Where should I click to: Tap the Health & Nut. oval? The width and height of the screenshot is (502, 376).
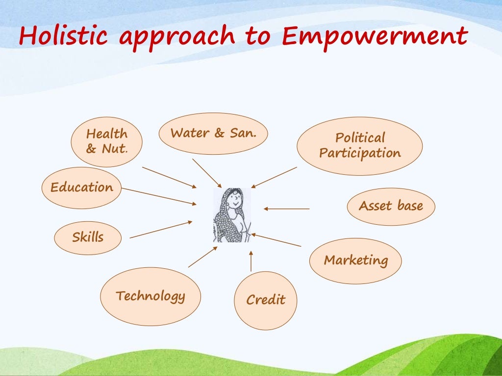coord(106,141)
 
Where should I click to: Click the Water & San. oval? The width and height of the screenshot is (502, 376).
coord(213,133)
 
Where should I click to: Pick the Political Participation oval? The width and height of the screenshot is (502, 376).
coord(360,145)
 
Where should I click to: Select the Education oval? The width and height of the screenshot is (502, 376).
coord(81,188)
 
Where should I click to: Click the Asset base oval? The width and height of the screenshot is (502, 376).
coord(391,206)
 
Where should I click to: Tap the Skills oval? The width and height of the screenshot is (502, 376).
coord(88,237)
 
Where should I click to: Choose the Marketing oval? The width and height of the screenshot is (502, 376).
coord(355,260)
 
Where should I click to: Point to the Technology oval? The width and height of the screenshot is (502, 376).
coord(151,296)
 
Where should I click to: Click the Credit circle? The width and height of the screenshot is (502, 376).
coord(266,300)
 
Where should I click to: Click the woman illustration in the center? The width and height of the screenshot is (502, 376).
coord(232,215)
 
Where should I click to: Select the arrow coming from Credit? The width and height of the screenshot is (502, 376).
coord(251,261)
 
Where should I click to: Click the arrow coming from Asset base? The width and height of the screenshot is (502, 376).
coord(287,209)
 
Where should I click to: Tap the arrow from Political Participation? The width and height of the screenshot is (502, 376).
coord(274,177)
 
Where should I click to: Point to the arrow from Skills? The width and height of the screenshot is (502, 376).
coord(161,230)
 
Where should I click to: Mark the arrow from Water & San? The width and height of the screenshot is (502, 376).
coord(207,173)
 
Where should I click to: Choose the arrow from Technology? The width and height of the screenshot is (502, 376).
coord(202,257)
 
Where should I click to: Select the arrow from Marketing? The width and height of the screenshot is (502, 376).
coord(276,240)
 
